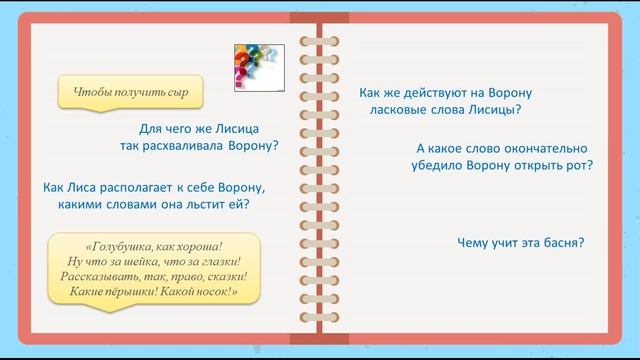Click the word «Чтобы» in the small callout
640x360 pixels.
coord(91,93)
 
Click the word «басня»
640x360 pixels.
coord(562,241)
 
